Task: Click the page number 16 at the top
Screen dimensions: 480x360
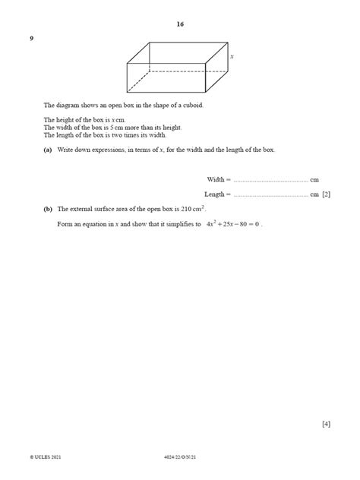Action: point(180,24)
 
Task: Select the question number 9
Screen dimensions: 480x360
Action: point(32,39)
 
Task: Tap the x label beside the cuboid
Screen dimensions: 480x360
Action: point(232,57)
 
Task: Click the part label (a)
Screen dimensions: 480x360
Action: point(48,150)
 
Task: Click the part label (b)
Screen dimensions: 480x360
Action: point(48,208)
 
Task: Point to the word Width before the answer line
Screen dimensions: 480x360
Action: point(216,179)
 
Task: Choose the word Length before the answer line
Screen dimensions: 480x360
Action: point(216,194)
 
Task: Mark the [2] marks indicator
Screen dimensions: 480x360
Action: point(326,194)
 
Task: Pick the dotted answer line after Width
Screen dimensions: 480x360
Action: point(270,181)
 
